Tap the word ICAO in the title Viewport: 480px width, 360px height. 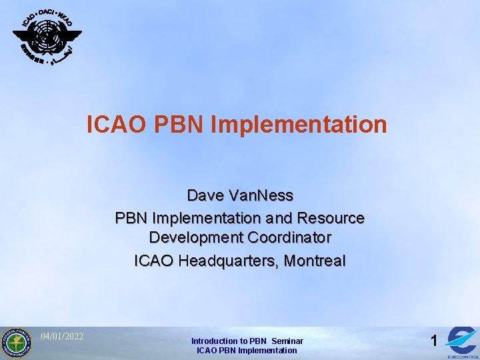click(113, 125)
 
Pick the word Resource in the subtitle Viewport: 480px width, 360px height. click(331, 218)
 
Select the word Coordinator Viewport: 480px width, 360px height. click(290, 238)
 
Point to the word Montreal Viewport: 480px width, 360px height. click(315, 261)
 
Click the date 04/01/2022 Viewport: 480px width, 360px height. click(62, 335)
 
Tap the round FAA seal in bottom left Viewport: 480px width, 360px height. click(16, 343)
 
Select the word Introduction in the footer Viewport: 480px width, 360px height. click(214, 341)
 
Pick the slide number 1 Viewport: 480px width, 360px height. click(434, 341)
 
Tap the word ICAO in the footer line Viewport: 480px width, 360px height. click(207, 350)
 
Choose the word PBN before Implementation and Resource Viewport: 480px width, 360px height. click(132, 218)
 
